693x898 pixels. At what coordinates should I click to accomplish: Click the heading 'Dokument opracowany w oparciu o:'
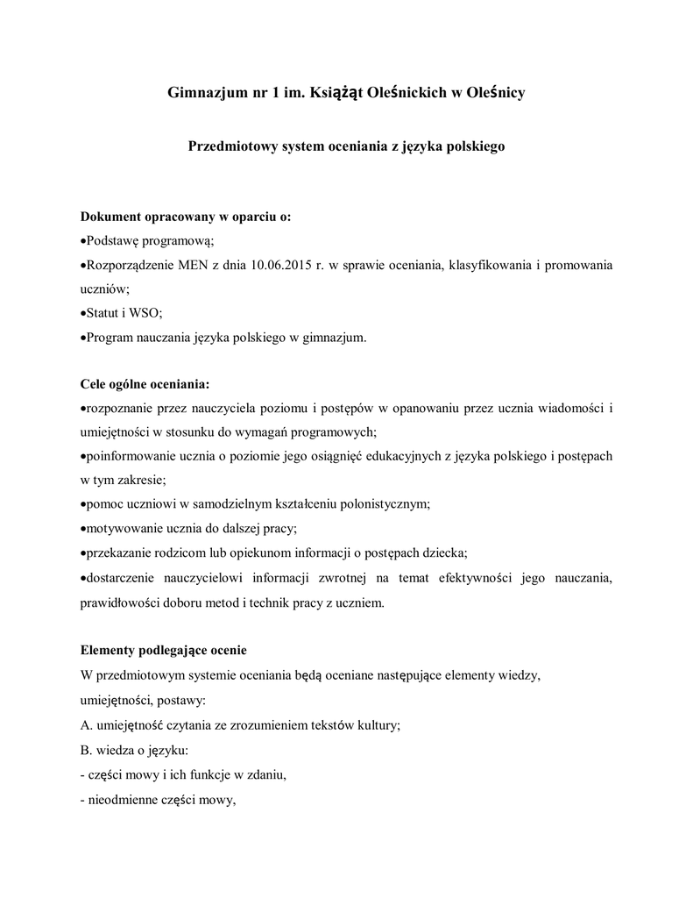point(186,217)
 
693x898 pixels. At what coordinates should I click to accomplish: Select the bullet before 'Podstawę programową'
point(83,241)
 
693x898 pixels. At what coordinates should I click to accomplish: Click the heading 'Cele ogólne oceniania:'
point(145,384)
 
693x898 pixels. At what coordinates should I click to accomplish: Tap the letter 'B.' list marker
point(86,751)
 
